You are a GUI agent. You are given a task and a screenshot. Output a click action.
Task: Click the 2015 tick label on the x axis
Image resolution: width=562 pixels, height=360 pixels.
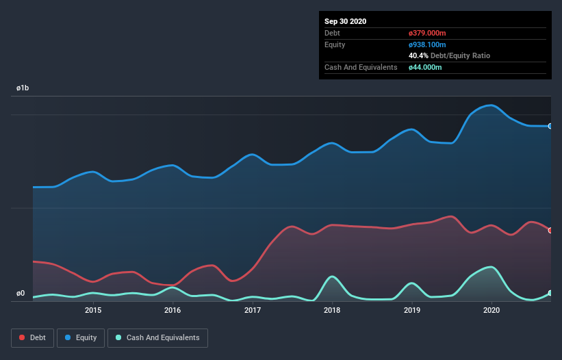(x=93, y=310)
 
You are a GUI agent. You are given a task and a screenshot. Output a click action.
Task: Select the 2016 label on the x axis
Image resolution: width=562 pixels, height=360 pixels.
(x=173, y=310)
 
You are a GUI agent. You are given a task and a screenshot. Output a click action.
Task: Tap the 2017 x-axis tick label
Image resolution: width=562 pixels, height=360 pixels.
(x=253, y=310)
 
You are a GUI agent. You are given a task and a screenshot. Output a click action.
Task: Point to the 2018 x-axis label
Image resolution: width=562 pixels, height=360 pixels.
(x=332, y=310)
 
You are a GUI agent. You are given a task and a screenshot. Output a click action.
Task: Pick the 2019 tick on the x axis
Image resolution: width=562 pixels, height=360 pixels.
(x=412, y=310)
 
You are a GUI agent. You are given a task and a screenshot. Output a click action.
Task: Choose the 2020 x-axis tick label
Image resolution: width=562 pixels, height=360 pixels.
(x=491, y=310)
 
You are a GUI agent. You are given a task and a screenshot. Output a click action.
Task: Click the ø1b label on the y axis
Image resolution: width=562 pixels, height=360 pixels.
(x=23, y=89)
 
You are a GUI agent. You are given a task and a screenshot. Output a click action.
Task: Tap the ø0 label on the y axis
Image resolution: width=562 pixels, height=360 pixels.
(x=21, y=294)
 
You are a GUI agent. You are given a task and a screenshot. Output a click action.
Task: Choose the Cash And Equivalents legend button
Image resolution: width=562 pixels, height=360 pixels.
(x=157, y=337)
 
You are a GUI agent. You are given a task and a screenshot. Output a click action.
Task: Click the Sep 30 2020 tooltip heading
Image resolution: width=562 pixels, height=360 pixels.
(x=345, y=21)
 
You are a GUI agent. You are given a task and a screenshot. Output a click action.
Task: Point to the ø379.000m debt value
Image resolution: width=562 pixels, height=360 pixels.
(x=427, y=33)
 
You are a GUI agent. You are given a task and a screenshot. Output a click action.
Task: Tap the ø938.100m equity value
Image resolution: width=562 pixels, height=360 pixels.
(x=427, y=44)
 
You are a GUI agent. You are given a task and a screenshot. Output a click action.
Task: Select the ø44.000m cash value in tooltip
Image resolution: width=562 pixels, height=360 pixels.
(x=425, y=67)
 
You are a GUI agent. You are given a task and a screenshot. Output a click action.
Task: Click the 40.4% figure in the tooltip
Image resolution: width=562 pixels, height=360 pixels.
(x=419, y=55)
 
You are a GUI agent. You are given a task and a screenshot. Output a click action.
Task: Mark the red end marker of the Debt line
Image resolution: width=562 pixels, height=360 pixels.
(x=550, y=231)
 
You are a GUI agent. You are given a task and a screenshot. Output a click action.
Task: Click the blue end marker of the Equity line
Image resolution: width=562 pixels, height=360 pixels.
(x=550, y=126)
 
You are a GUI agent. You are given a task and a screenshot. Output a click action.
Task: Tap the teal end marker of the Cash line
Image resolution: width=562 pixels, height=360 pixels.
(x=550, y=293)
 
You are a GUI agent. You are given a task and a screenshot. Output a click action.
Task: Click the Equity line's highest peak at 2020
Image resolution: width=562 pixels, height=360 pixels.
(x=491, y=105)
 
